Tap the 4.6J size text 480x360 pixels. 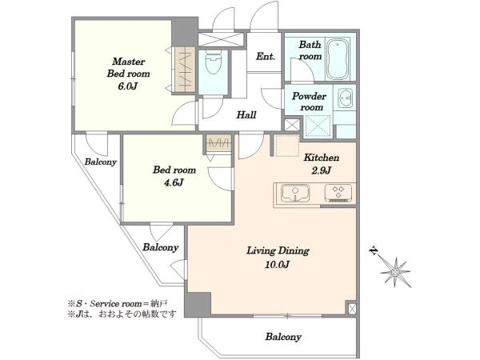click(173, 182)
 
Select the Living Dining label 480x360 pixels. click(278, 250)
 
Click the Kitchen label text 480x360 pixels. click(322, 158)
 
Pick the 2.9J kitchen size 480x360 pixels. click(322, 171)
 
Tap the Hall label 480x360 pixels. click(246, 115)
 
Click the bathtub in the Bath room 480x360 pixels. click(339, 57)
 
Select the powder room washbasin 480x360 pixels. click(346, 98)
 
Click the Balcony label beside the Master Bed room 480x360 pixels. click(100, 162)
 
